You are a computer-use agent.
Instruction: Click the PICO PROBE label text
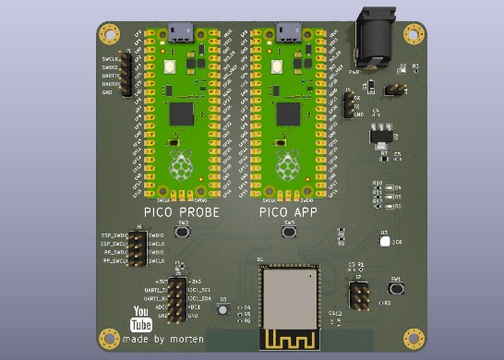coord(181,213)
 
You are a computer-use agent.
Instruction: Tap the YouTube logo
coord(141,318)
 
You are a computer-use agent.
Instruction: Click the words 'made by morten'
coord(158,338)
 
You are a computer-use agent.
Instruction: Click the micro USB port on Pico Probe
coord(179,33)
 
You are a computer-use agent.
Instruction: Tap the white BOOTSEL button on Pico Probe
coord(170,67)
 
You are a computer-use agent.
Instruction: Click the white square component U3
coord(384,242)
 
